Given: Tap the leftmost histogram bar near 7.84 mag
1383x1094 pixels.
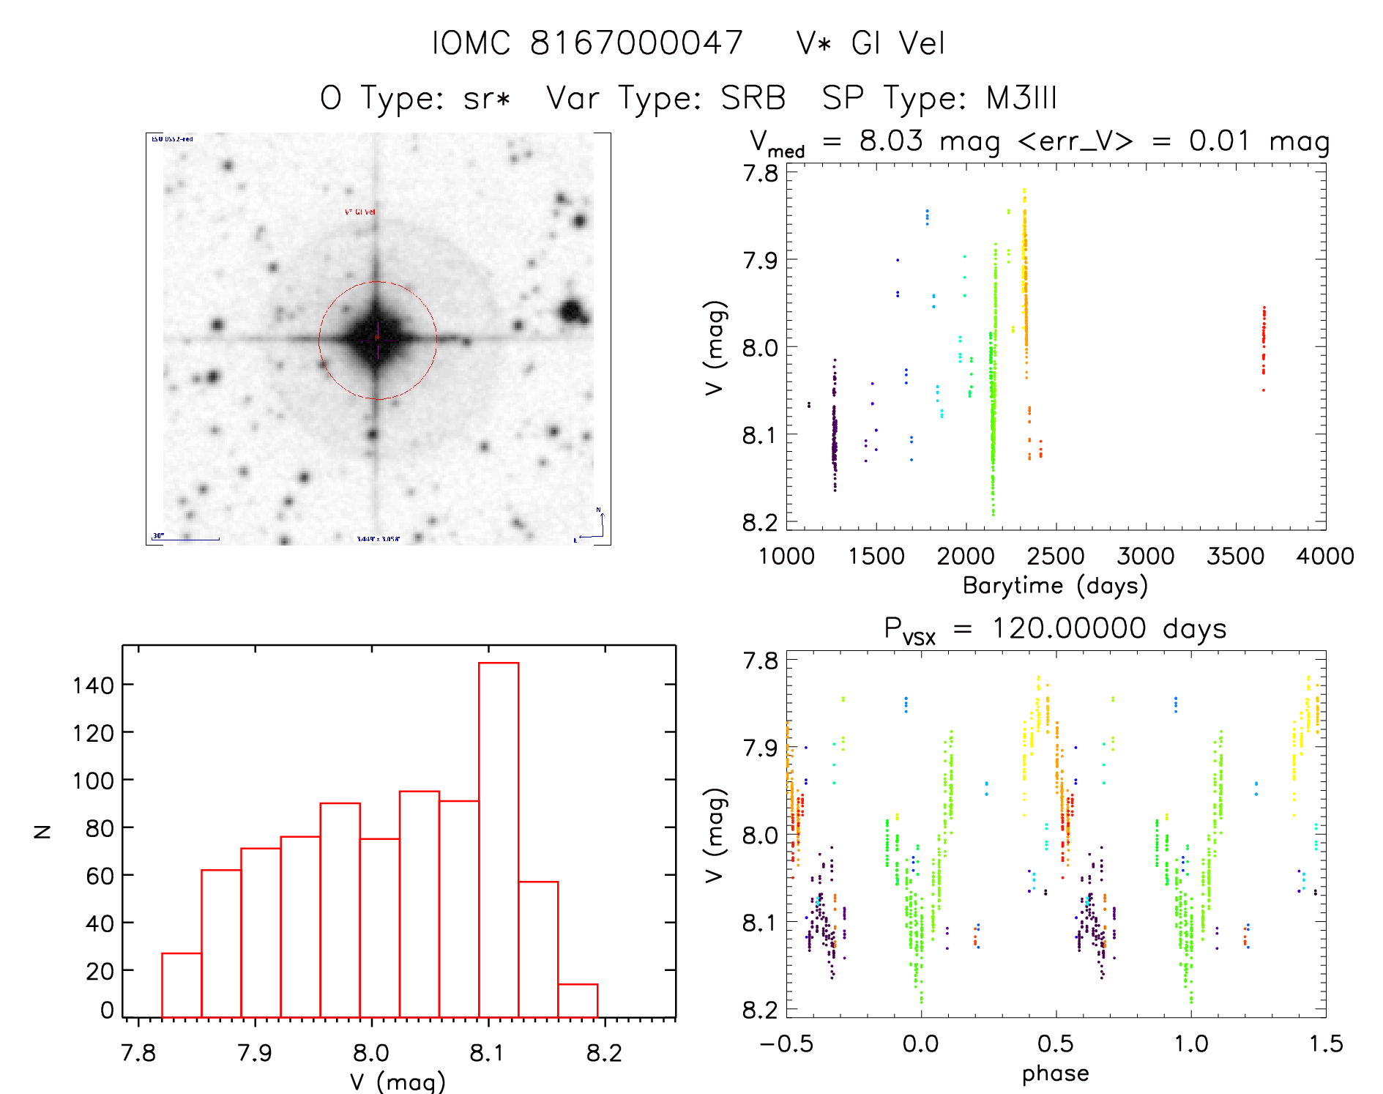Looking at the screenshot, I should click(182, 985).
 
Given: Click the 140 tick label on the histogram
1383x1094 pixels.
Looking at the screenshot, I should click(93, 685).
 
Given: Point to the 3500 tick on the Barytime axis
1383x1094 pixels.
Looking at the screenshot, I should click(1235, 556).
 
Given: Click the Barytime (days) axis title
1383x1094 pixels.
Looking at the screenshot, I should click(1055, 586).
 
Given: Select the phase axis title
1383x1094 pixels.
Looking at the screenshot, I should click(1055, 1073).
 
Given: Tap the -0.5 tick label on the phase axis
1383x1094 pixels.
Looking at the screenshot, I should click(786, 1043).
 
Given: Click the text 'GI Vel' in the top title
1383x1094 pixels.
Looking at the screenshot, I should click(898, 43).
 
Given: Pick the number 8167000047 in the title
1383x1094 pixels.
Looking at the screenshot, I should click(636, 43).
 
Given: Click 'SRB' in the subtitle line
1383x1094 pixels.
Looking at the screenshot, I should click(753, 98).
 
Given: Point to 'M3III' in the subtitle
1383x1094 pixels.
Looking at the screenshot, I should click(1021, 98).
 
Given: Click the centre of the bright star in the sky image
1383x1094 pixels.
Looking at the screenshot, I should click(377, 339).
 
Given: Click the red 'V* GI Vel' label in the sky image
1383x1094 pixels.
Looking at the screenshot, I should click(360, 212).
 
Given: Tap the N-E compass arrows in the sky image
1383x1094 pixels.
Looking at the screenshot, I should click(592, 525).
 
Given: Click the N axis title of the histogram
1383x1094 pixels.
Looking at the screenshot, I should click(42, 831).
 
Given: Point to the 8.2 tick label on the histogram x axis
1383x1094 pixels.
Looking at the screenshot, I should click(604, 1053).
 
